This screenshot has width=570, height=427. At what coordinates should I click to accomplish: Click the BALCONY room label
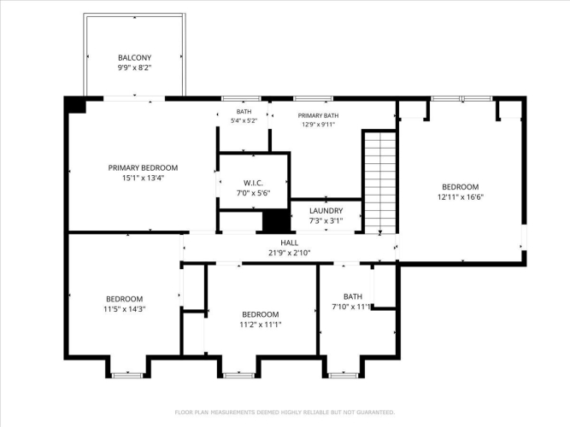[134, 57]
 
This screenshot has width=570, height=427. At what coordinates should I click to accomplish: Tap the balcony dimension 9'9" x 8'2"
[134, 67]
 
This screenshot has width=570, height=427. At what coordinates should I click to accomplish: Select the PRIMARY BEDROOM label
[143, 168]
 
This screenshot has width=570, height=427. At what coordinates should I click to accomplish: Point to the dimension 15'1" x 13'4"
[144, 178]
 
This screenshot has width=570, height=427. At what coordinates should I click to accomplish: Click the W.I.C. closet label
[253, 183]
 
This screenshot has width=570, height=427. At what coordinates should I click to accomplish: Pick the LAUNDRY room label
[326, 211]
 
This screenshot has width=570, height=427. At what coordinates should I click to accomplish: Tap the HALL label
[290, 243]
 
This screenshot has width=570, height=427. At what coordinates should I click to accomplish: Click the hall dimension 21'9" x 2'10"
[290, 253]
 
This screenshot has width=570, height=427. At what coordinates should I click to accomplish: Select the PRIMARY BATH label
[318, 115]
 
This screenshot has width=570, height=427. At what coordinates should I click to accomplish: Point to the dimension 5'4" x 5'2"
[244, 120]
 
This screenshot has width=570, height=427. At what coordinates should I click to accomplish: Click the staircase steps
[380, 183]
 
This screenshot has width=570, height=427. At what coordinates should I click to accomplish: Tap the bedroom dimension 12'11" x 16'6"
[461, 197]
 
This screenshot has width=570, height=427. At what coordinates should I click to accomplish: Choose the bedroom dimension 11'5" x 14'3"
[124, 309]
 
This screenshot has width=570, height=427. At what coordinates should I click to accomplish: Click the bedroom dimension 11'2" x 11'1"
[261, 325]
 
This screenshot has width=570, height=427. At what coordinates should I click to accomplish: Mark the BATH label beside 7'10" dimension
[353, 296]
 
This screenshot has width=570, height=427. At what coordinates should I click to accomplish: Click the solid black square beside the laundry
[276, 220]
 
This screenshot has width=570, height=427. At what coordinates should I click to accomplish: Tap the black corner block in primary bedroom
[75, 105]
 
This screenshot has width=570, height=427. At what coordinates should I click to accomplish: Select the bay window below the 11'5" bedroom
[127, 375]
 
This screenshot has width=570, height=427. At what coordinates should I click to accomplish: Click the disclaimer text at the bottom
[285, 412]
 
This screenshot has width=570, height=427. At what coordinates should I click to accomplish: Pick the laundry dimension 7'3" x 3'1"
[326, 220]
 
